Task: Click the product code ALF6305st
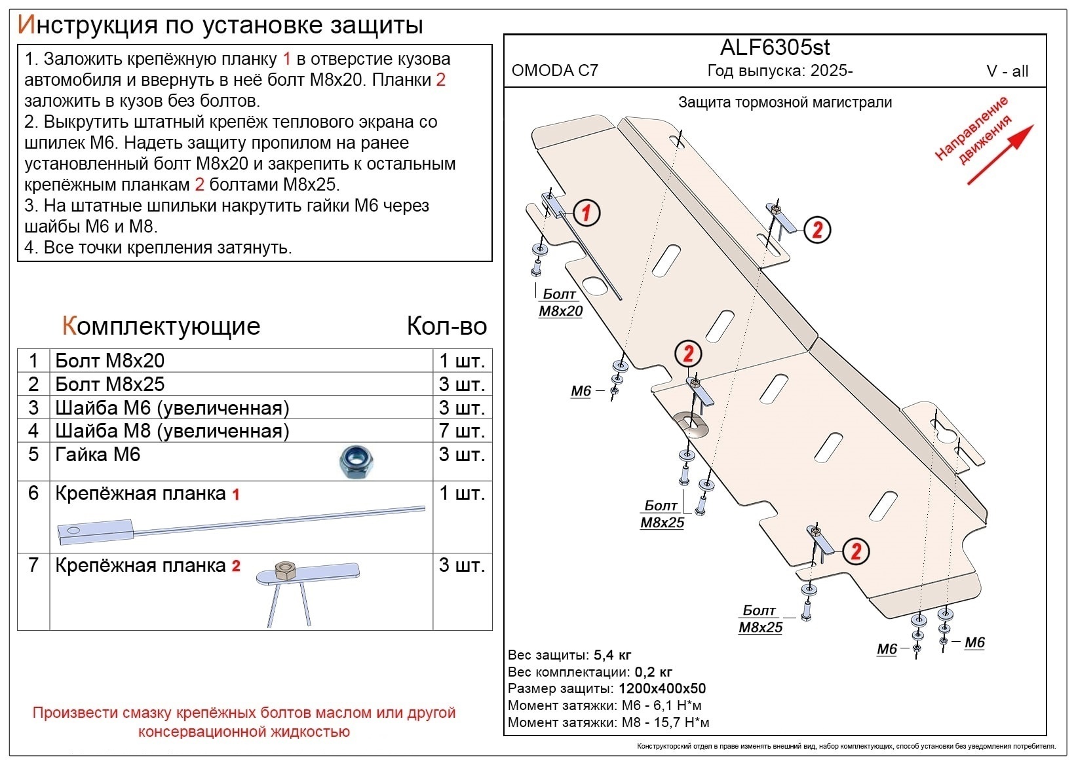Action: pos(775,48)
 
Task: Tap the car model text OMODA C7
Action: pos(554,71)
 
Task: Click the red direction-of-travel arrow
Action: pos(1000,155)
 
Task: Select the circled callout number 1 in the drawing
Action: pos(586,212)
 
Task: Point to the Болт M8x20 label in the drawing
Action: pos(560,303)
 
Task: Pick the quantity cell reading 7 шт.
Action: pos(461,431)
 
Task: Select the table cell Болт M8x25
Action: pos(110,384)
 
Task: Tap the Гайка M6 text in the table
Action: pos(98,455)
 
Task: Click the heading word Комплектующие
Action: pos(161,326)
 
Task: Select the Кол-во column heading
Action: pos(446,326)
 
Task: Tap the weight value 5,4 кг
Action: pos(612,655)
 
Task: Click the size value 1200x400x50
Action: pos(661,688)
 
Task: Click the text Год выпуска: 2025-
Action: pos(780,71)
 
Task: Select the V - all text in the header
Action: pos(1007,71)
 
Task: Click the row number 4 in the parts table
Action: pos(33,431)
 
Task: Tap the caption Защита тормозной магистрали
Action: pos(784,102)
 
